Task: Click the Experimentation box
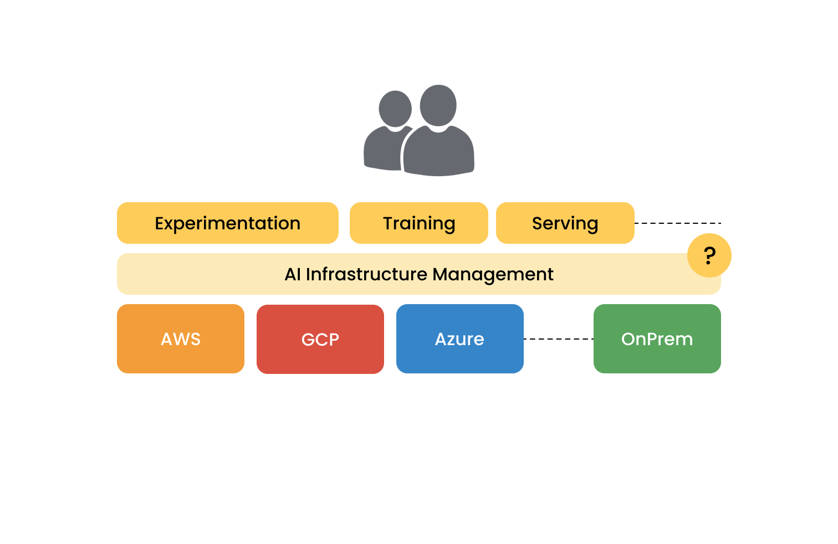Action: point(227,223)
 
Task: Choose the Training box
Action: point(418,223)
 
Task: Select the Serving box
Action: point(565,223)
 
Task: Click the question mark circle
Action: point(709,255)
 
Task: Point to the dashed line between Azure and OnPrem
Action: point(558,338)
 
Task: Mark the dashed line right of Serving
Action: point(677,223)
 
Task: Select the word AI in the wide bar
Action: point(293,274)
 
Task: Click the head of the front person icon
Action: point(438,105)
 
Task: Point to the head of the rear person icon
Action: point(395,109)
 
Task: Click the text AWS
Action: point(180,339)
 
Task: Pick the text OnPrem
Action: point(657,339)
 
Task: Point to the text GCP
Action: point(320,340)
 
